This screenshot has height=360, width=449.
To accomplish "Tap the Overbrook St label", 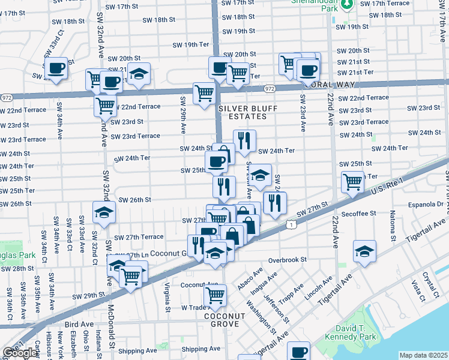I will click(x=288, y=260).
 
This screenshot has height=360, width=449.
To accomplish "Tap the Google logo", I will click(x=20, y=353).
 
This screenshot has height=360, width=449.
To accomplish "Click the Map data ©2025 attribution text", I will click(x=423, y=355).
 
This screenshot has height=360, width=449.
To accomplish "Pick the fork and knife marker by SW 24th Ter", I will click(x=244, y=141).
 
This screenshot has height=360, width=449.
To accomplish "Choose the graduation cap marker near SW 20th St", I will click(x=139, y=73).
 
